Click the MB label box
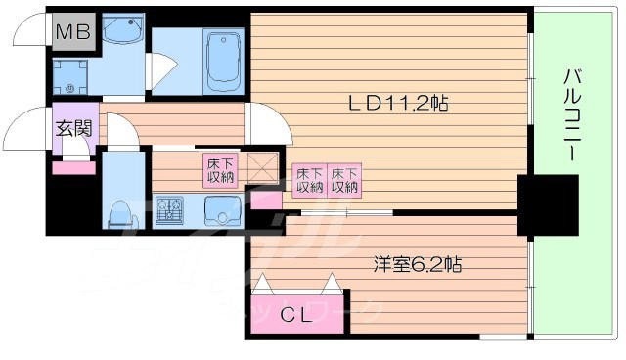pos(72,32)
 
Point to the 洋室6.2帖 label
pos(417,264)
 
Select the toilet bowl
pos(121,211)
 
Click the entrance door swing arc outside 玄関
pos(27,128)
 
